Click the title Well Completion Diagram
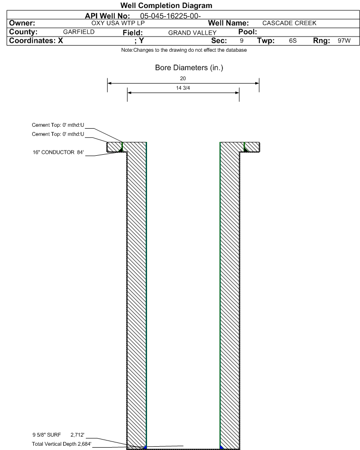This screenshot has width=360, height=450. click(x=166, y=5)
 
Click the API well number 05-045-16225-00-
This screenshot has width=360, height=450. click(x=170, y=16)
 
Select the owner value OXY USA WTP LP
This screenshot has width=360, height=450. click(x=118, y=23)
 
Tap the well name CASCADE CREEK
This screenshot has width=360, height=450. click(x=289, y=23)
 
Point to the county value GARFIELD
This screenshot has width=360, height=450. click(x=79, y=32)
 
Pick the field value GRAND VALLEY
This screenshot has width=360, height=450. click(x=192, y=33)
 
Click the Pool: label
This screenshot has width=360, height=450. click(x=248, y=32)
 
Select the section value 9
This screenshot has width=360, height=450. click(x=241, y=41)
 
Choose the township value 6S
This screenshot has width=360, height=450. click(x=293, y=41)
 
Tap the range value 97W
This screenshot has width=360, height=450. click(x=344, y=41)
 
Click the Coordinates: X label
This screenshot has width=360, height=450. click(x=36, y=40)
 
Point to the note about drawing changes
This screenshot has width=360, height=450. click(x=184, y=50)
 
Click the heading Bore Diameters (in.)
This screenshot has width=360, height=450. click(x=189, y=68)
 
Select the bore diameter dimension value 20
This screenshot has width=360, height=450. click(x=183, y=78)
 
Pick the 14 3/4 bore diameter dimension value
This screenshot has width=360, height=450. click(x=183, y=88)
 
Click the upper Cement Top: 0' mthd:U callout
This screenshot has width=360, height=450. click(x=58, y=125)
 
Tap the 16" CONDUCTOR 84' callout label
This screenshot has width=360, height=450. click(x=58, y=152)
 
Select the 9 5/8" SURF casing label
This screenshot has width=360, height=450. click(x=46, y=435)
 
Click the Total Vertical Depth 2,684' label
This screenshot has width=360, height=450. click(x=61, y=444)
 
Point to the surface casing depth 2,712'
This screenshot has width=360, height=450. click(x=77, y=435)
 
